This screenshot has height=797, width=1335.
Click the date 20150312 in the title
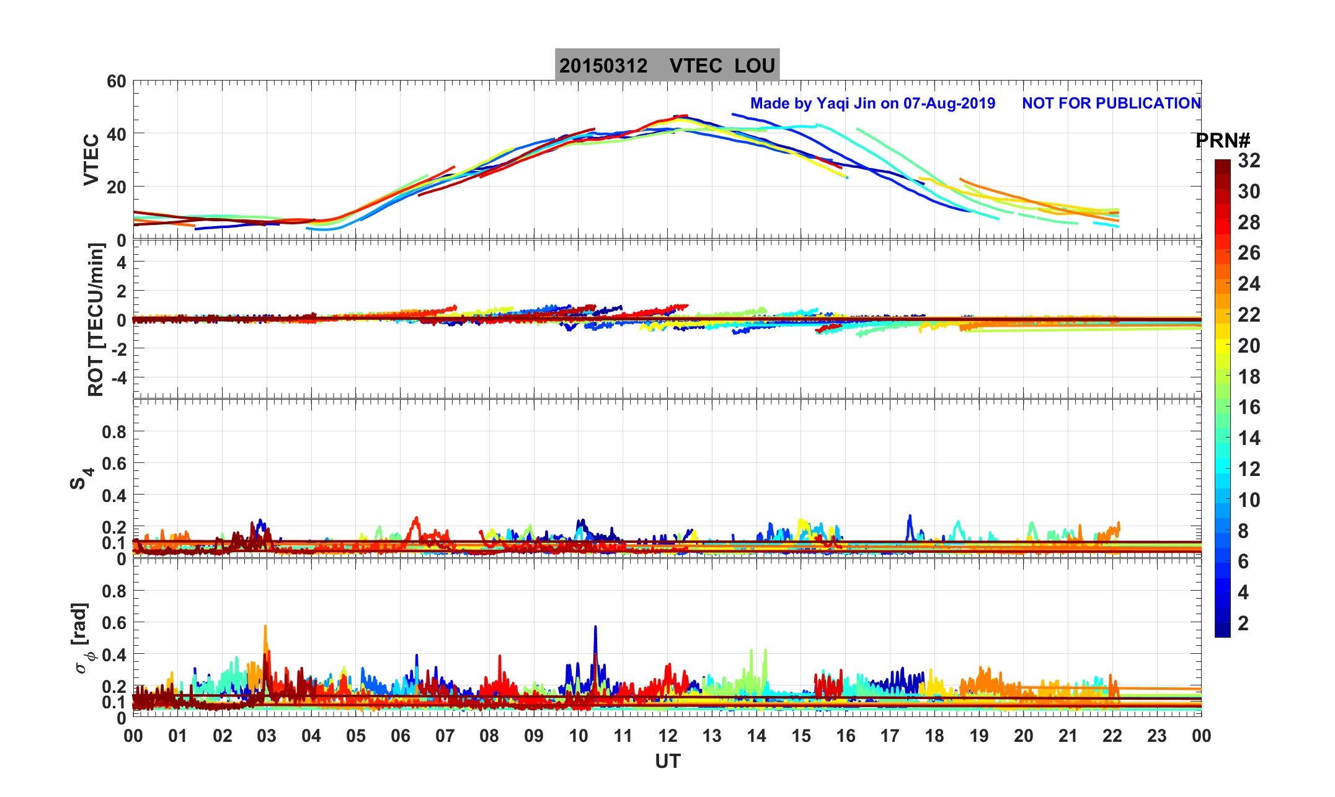(603, 66)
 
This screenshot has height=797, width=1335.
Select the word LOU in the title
(755, 66)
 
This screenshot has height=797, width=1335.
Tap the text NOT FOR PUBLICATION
(1111, 103)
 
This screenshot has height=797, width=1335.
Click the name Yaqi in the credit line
(834, 103)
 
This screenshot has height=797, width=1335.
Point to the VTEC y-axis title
(91, 159)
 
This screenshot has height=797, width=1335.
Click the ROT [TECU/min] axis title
(95, 319)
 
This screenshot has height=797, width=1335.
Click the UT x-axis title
(667, 761)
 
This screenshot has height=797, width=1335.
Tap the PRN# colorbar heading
(1222, 141)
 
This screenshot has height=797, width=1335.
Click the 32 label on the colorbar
(1249, 161)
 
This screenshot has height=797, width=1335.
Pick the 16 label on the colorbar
(1249, 407)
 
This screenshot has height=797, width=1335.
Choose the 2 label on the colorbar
(1243, 623)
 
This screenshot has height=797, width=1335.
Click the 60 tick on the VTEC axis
(116, 81)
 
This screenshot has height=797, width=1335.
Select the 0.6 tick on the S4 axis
(114, 463)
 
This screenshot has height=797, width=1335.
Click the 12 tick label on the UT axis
(667, 736)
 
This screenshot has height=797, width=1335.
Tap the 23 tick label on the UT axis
(1156, 736)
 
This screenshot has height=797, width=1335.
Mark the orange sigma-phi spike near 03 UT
(265, 628)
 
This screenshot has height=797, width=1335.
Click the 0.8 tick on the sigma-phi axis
(114, 591)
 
